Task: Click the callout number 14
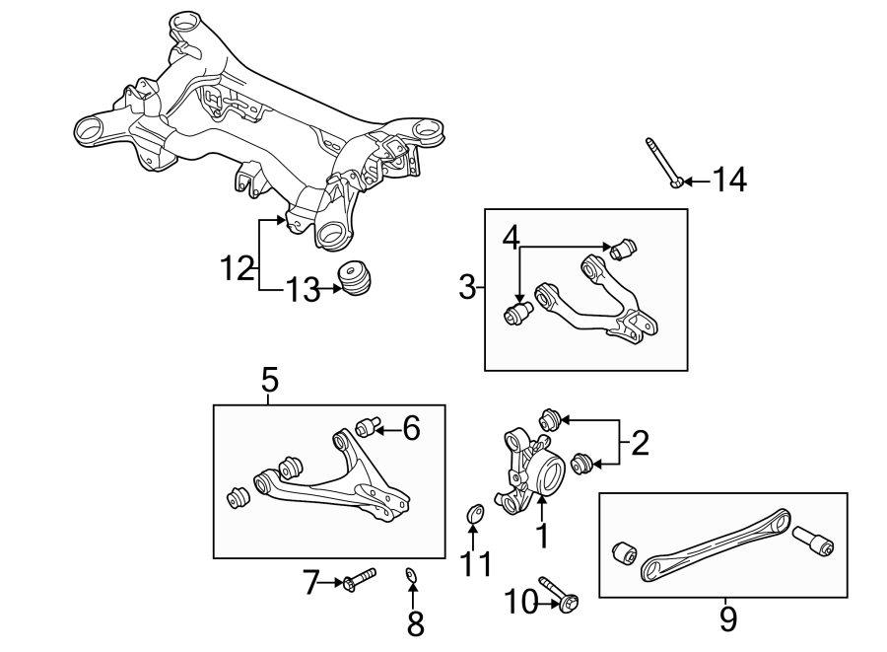click(730, 181)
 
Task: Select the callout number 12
click(238, 267)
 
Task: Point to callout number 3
click(467, 288)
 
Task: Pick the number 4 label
click(511, 237)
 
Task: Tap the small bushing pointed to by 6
click(369, 426)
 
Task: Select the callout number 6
click(411, 428)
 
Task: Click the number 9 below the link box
click(727, 618)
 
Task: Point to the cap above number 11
click(474, 514)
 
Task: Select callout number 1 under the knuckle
click(540, 536)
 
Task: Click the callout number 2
click(640, 443)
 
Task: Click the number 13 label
click(303, 290)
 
